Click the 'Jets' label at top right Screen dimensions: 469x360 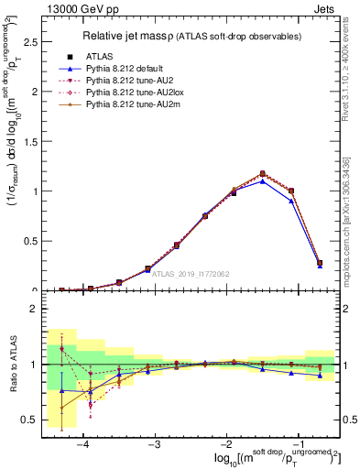(x=324, y=8)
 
